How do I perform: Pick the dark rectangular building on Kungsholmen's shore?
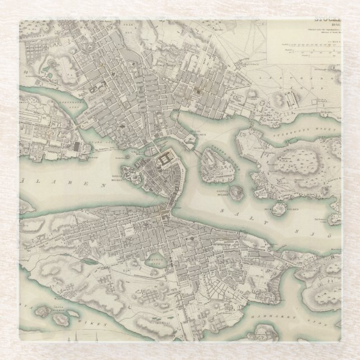(77, 147)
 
